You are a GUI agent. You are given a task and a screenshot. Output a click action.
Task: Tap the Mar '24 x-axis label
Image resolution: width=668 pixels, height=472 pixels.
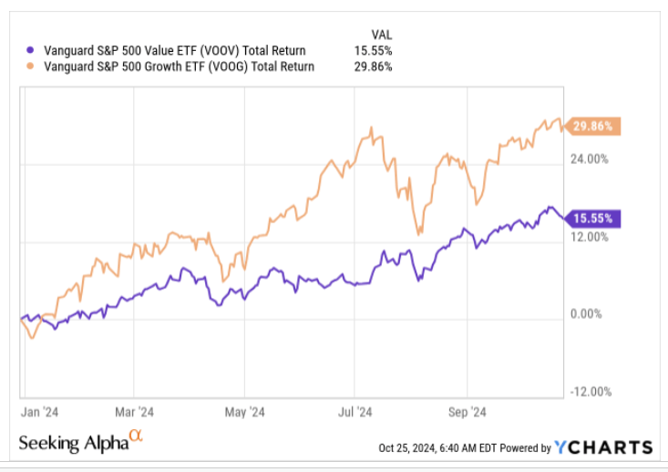[x=134, y=411]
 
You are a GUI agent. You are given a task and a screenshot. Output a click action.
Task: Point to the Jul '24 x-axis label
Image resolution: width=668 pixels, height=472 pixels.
[x=356, y=411]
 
